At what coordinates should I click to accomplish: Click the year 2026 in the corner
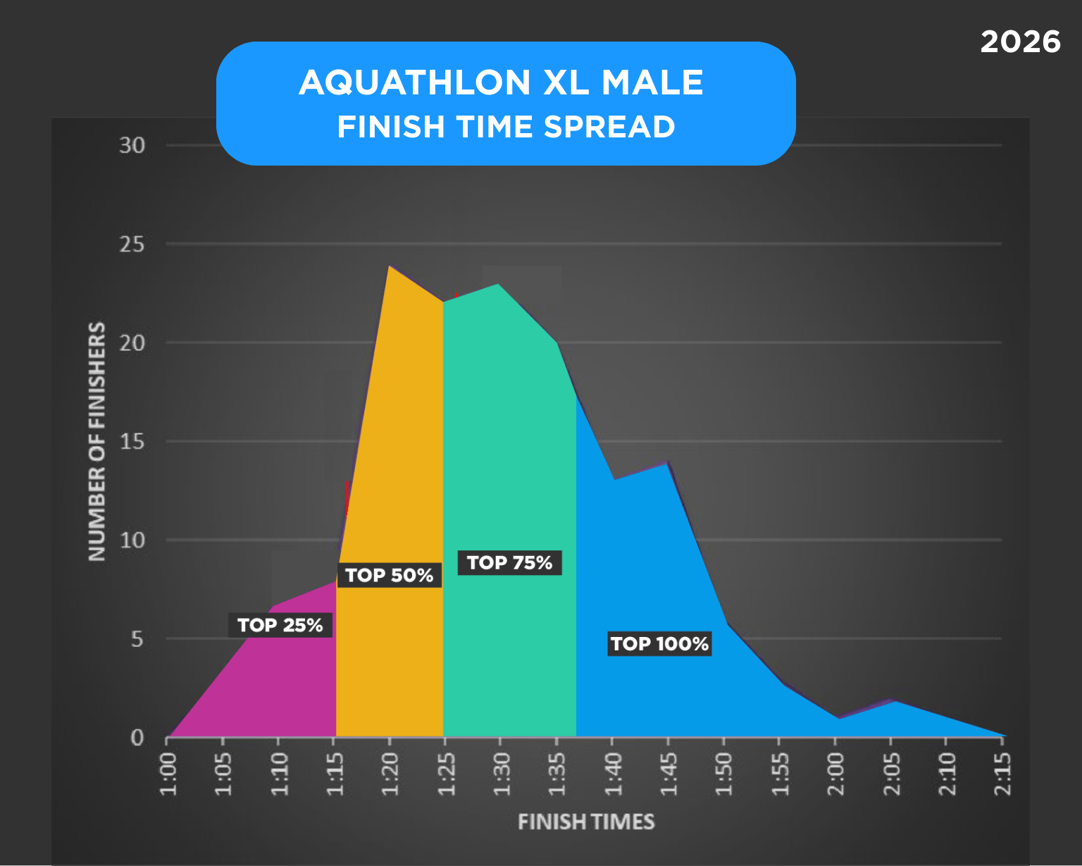click(x=1020, y=42)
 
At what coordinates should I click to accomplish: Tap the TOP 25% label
click(x=280, y=625)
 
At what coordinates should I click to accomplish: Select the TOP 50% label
click(x=389, y=575)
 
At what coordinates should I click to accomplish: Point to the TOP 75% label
click(x=509, y=562)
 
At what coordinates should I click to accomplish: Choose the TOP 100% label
click(x=659, y=643)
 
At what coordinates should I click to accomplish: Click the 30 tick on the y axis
click(x=132, y=146)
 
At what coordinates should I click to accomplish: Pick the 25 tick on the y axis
click(x=132, y=245)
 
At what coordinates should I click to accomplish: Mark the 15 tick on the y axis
click(x=132, y=442)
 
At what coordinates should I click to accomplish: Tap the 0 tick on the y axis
click(x=137, y=738)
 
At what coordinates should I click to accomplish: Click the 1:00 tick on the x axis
click(x=168, y=774)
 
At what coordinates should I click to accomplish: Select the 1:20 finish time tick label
click(x=390, y=774)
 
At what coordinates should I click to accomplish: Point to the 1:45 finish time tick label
click(x=668, y=774)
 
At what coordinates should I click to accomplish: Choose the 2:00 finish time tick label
click(x=835, y=774)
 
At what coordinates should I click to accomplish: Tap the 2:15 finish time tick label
click(x=1002, y=774)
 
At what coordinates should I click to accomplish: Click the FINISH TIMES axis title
click(x=586, y=822)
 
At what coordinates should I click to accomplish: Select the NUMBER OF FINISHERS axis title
click(x=97, y=442)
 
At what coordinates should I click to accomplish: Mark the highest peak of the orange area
click(x=390, y=266)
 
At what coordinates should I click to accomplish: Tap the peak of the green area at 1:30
click(x=499, y=285)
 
